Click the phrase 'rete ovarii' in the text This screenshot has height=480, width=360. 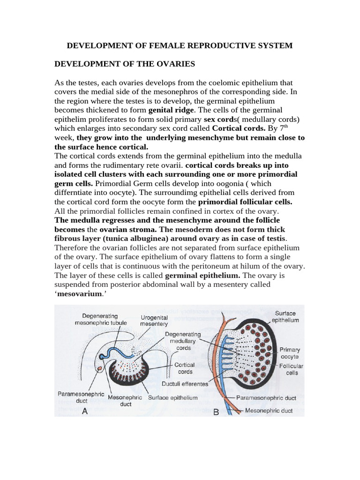164,165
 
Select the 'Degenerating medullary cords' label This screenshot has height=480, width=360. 183,341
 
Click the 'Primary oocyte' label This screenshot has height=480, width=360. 290,353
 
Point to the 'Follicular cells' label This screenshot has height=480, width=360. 291,369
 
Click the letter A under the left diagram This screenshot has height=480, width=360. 85,411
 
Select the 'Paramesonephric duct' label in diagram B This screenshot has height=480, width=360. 266,398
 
